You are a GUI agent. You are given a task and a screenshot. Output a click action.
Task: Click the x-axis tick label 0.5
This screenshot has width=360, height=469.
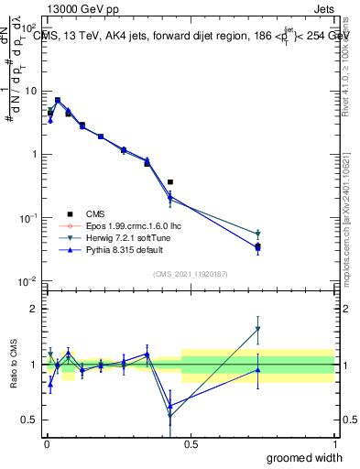click(190, 443)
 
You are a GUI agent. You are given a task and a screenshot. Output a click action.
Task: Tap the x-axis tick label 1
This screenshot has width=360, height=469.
click(334, 443)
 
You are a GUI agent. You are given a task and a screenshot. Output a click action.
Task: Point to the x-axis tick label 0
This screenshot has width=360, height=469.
click(46, 443)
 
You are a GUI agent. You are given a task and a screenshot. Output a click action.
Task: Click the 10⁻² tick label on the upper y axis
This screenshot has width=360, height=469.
click(28, 281)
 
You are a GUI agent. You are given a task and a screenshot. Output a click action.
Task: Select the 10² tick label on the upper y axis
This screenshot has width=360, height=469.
click(29, 28)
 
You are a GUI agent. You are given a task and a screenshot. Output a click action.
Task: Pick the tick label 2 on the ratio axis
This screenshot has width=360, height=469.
click(34, 309)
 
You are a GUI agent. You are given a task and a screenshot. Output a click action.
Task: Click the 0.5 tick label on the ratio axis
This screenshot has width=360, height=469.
click(30, 420)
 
